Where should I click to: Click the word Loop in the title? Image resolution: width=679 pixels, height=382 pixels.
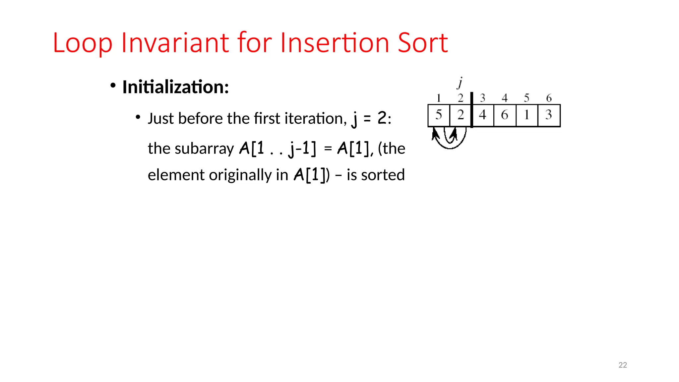(x=83, y=43)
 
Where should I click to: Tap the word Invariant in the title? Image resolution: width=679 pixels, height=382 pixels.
(x=175, y=43)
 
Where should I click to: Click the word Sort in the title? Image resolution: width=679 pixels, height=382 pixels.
(x=423, y=43)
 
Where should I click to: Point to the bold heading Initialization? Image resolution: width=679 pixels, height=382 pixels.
(x=175, y=87)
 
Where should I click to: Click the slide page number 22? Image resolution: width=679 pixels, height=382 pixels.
(x=623, y=365)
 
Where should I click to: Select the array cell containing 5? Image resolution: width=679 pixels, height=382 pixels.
(x=439, y=115)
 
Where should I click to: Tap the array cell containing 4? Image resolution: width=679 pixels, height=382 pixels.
(x=483, y=115)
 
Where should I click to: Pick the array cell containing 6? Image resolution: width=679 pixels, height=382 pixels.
(x=505, y=115)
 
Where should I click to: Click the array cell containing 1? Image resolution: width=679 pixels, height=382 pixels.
(x=526, y=115)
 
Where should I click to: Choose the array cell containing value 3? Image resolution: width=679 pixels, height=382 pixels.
(x=549, y=115)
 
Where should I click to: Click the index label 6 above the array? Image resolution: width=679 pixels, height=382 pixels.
(x=549, y=98)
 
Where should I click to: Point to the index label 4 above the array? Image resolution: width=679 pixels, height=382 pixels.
(x=505, y=98)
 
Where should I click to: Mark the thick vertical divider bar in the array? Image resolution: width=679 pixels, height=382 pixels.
(x=472, y=110)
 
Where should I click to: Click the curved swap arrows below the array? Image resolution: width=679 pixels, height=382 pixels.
(x=450, y=139)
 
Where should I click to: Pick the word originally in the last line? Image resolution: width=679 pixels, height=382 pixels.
(x=240, y=175)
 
